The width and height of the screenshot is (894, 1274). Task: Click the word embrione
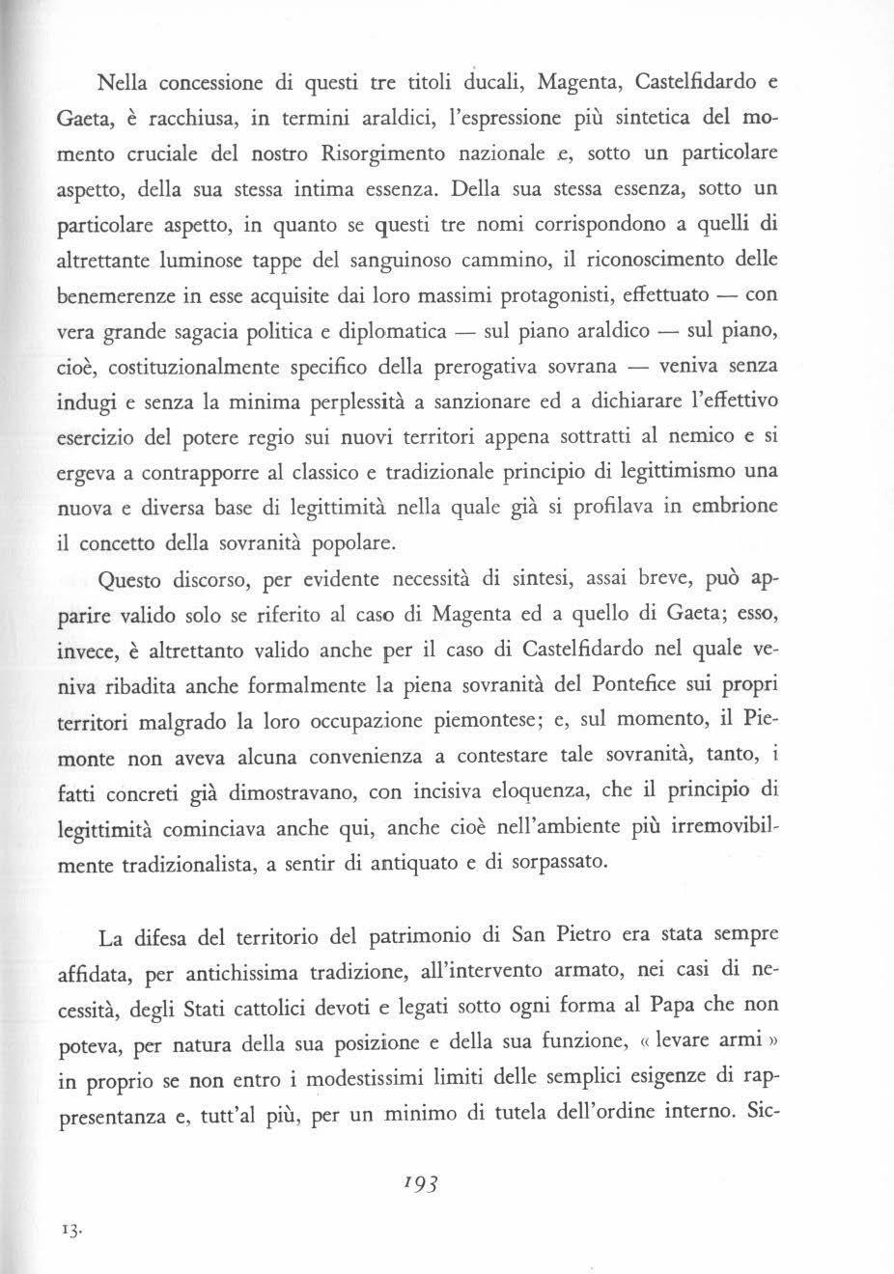[x=739, y=507]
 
